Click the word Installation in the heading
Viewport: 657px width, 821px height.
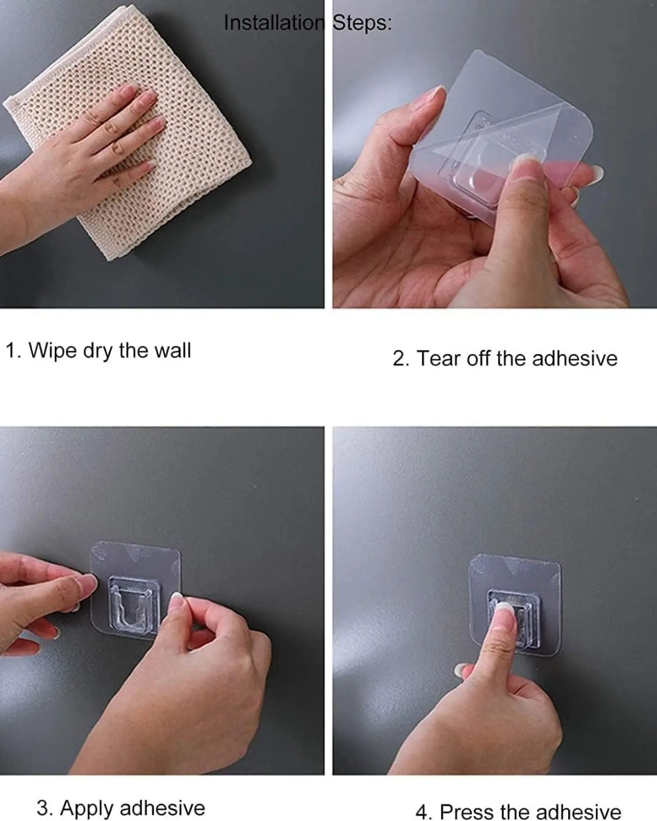pos(274,23)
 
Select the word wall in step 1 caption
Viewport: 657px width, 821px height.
pos(172,350)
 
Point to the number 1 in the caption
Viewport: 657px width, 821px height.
pos(12,350)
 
